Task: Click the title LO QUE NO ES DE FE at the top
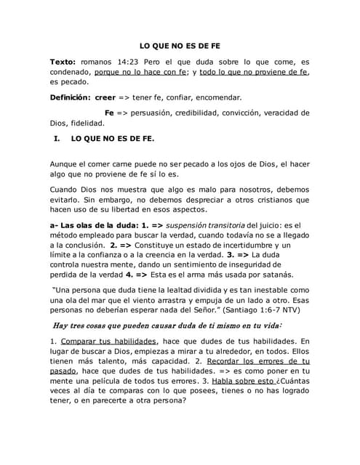pyautogui.click(x=180, y=45)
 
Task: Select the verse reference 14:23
pyautogui.click(x=135, y=63)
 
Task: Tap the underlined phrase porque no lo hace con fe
pyautogui.click(x=142, y=73)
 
